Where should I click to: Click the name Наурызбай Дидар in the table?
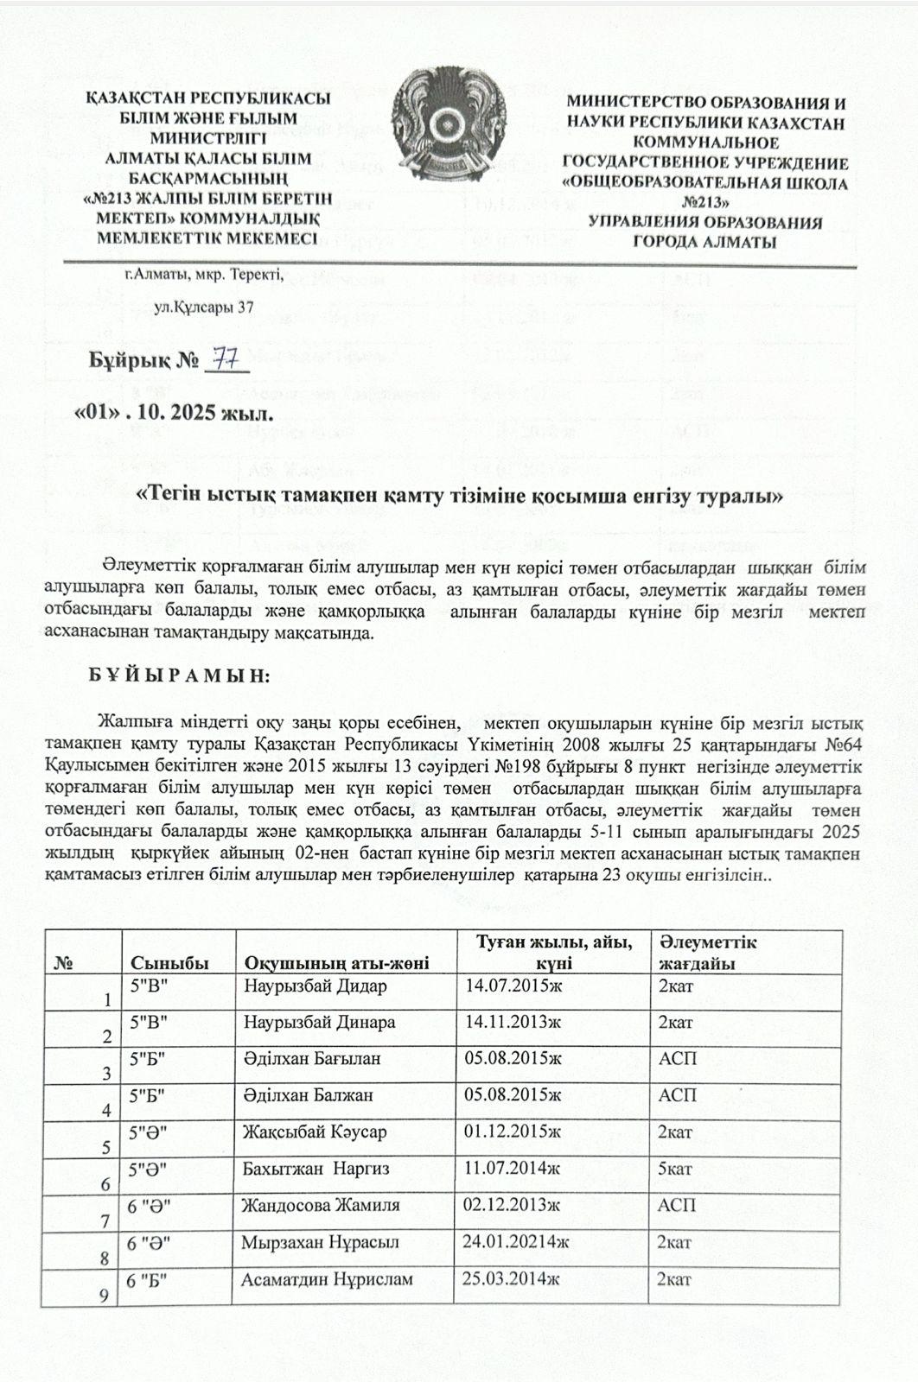click(x=316, y=986)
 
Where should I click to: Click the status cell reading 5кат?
click(x=675, y=1169)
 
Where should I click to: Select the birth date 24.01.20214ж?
click(x=516, y=1242)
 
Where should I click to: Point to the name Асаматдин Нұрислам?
click(x=328, y=1278)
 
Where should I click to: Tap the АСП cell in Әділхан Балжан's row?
click(x=677, y=1095)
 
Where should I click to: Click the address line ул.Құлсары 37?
click(x=203, y=307)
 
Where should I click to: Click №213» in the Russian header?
click(x=704, y=203)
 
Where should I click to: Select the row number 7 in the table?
click(x=105, y=1221)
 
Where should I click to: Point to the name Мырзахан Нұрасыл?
click(x=321, y=1242)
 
